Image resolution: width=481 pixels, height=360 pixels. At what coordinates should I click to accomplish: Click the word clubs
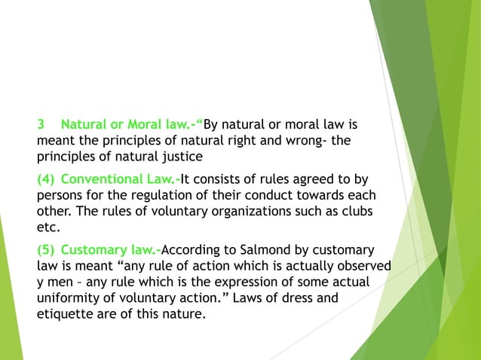(357, 212)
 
